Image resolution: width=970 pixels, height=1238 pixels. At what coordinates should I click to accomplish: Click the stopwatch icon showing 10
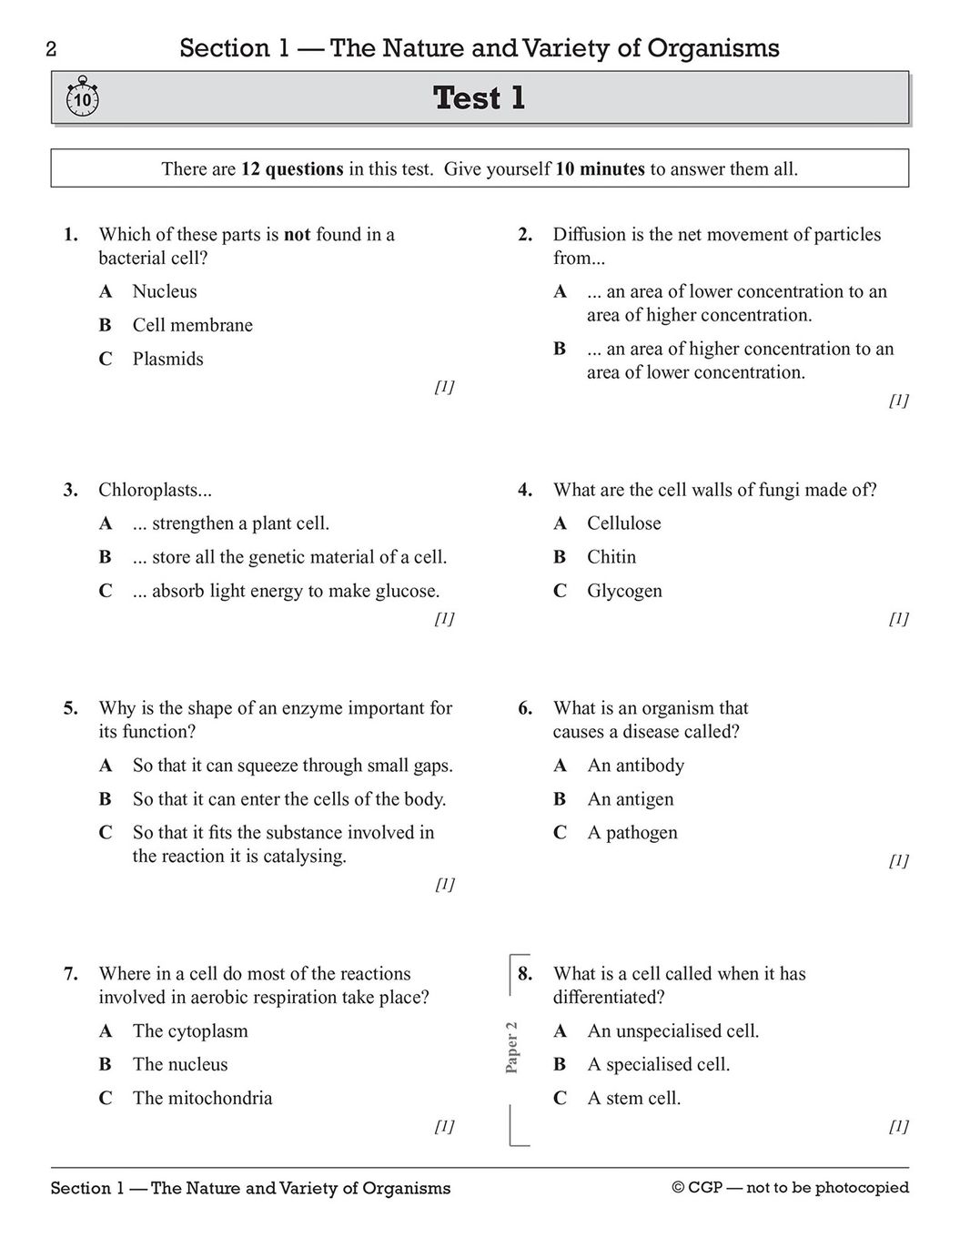[x=83, y=97]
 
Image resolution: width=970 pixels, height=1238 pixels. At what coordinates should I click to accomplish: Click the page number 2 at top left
[x=51, y=50]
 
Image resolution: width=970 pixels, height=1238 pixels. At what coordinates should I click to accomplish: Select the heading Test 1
[x=480, y=98]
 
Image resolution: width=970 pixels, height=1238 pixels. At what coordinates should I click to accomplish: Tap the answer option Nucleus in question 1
[x=165, y=292]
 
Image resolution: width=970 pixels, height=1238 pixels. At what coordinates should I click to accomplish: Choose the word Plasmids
[x=168, y=360]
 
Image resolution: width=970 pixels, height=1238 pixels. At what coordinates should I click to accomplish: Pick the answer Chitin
[x=611, y=557]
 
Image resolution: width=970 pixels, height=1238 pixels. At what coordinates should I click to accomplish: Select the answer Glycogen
[x=624, y=591]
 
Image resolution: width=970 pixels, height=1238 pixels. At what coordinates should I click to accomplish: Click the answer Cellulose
[x=624, y=523]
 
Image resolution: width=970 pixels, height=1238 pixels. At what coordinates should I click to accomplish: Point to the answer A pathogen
[x=632, y=833]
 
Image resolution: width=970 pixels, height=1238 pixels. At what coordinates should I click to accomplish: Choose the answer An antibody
[x=636, y=766]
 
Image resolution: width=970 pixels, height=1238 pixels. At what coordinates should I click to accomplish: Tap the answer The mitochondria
[x=202, y=1099]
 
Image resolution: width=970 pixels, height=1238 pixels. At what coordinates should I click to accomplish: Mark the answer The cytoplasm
[x=190, y=1031]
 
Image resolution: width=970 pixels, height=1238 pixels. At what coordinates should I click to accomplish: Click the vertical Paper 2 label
[x=511, y=1047]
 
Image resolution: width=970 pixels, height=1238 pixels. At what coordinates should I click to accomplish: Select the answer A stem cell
[x=634, y=1099]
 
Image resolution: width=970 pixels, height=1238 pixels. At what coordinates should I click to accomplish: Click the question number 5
[x=70, y=708]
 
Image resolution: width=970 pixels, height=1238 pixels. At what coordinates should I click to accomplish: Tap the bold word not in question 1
[x=298, y=235]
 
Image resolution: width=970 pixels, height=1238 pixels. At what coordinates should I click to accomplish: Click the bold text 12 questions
[x=292, y=169]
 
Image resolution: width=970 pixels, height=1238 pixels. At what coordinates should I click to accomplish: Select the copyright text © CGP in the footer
[x=701, y=1188]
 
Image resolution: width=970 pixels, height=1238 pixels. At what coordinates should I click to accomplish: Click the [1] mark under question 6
[x=898, y=860]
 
